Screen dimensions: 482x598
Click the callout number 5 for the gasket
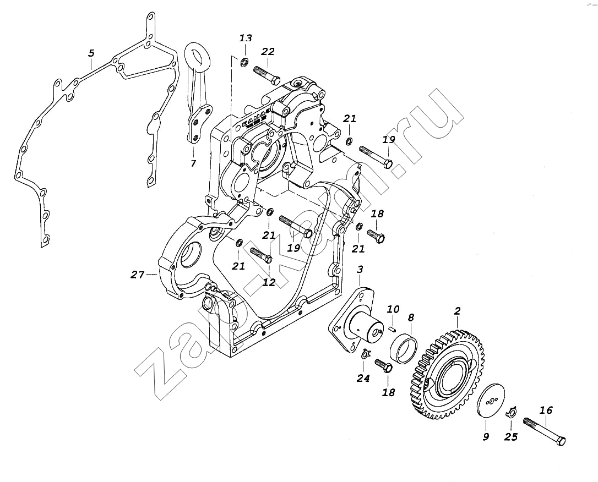tap(91, 53)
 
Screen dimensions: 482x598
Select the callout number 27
tap(137, 275)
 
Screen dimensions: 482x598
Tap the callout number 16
tap(546, 410)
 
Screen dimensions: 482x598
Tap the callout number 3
tap(360, 269)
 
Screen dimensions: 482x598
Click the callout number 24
tap(363, 378)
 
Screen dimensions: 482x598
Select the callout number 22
tap(268, 52)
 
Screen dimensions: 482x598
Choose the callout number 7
tap(193, 163)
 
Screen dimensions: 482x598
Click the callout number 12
tap(269, 282)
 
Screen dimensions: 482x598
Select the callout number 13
tap(246, 38)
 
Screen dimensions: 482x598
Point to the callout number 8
tap(410, 317)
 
